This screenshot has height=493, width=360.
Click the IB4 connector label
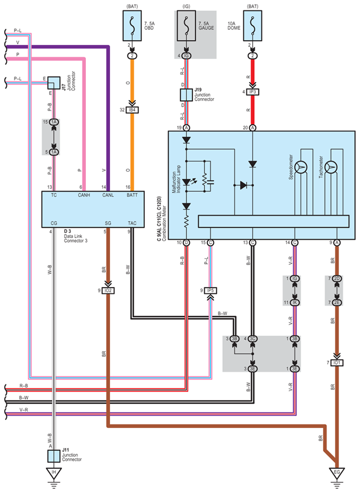coord(132,110)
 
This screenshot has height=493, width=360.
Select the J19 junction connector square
coord(186,95)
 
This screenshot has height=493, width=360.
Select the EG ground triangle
coord(337,473)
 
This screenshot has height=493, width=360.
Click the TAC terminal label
coord(132,223)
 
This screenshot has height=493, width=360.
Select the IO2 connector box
coord(108,290)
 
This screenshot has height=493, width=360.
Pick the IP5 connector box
coord(210,290)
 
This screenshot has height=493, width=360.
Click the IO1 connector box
coord(337,362)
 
